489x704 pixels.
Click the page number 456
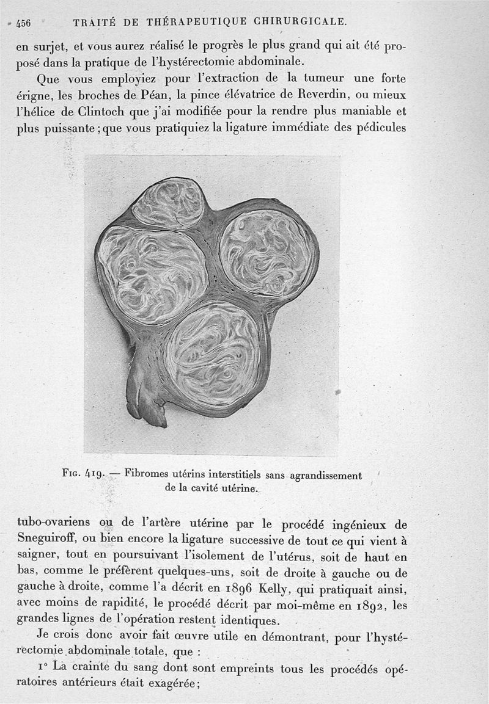pyautogui.click(x=23, y=24)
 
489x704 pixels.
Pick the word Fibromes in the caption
pyautogui.click(x=145, y=474)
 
